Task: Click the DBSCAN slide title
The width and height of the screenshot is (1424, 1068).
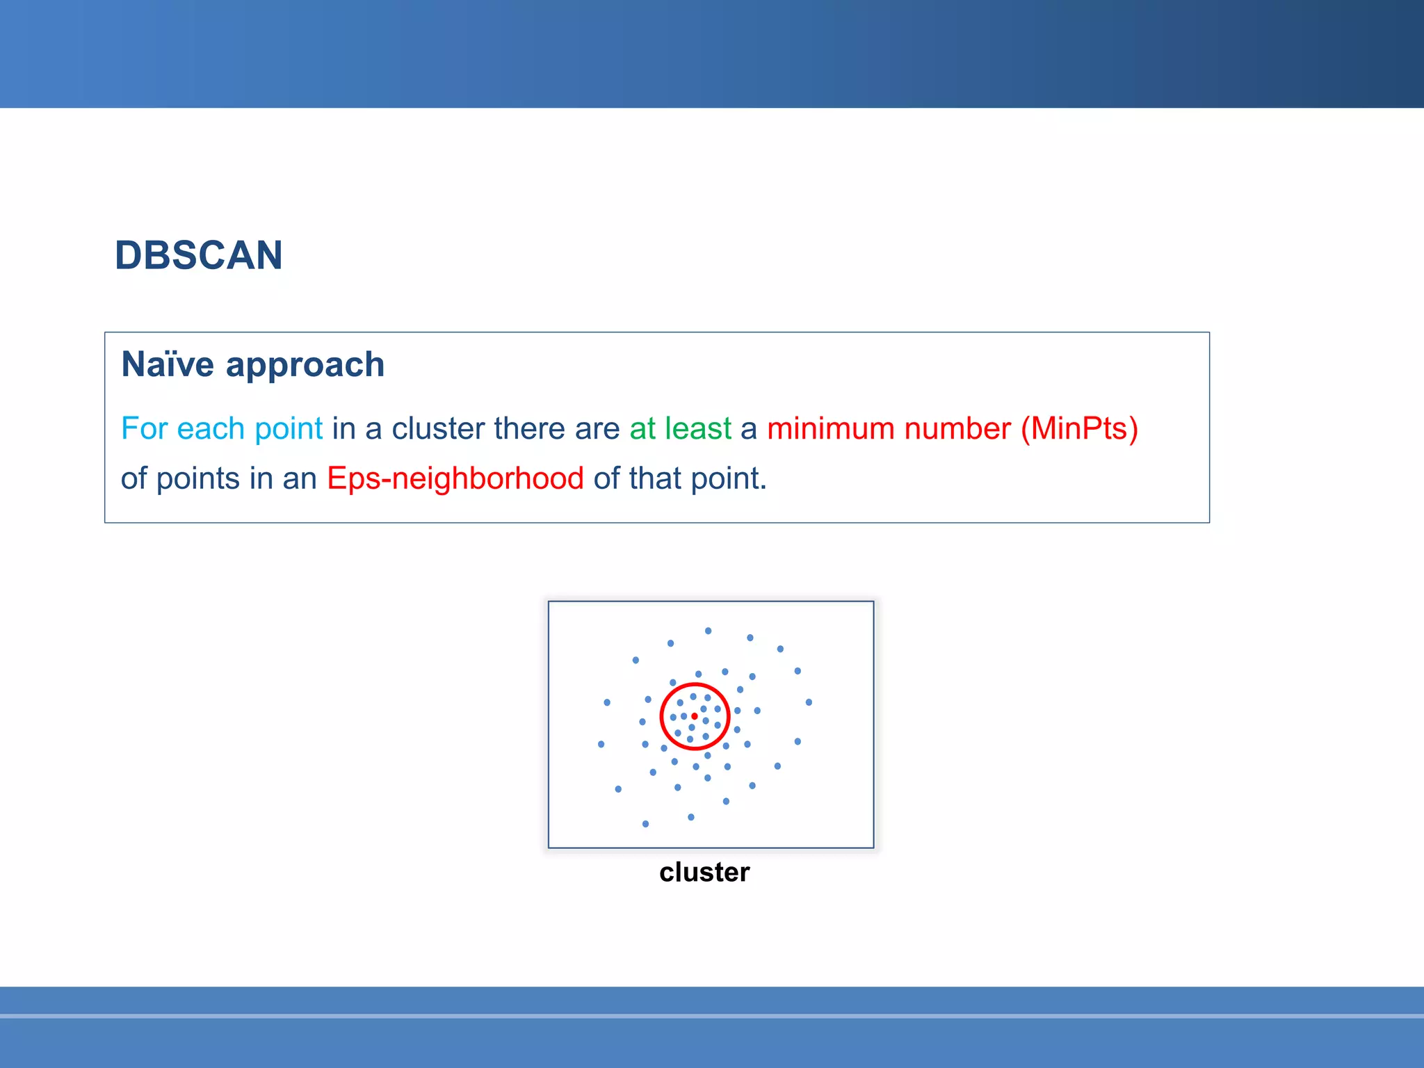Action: [199, 255]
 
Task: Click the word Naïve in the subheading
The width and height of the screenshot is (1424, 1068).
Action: [168, 364]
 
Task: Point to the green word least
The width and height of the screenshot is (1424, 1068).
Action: [698, 428]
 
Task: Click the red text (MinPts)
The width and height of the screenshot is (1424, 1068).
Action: [1079, 428]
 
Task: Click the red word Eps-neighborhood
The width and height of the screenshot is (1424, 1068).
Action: [455, 479]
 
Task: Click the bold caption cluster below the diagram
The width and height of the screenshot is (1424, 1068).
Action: [704, 872]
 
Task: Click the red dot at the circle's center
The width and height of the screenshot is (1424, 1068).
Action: [695, 716]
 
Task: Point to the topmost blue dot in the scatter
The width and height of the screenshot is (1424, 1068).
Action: [708, 631]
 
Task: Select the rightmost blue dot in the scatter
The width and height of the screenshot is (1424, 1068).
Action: [809, 702]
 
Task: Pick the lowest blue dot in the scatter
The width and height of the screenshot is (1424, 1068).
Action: [646, 824]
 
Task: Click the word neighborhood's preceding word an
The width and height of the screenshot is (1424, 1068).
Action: [300, 479]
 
